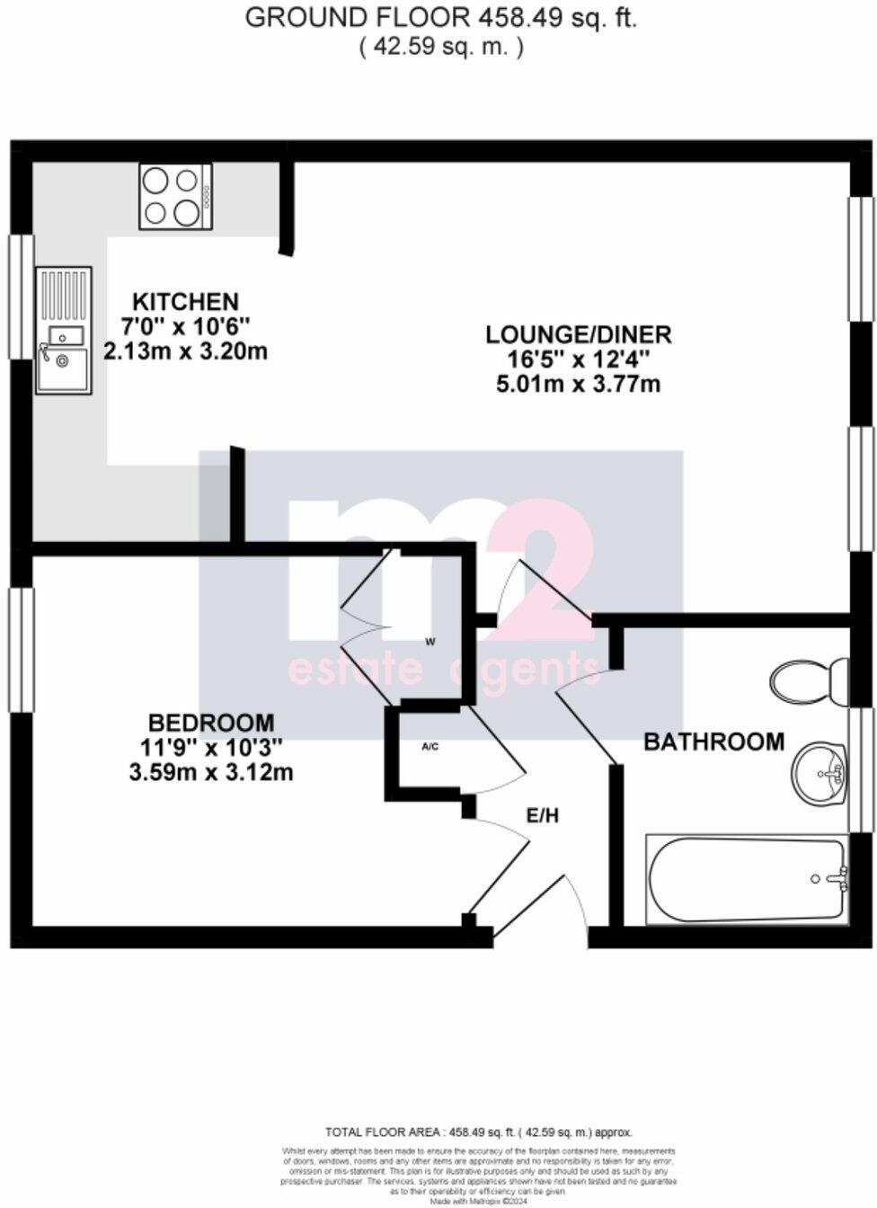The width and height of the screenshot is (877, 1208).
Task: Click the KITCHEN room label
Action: (185, 301)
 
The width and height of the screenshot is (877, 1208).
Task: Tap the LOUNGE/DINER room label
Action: (579, 335)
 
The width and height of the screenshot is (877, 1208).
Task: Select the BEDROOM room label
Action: (211, 722)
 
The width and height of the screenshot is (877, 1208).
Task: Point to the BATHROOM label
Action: (713, 742)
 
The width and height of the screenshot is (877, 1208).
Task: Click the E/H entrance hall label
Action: (542, 815)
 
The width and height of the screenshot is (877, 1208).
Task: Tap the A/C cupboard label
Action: (430, 746)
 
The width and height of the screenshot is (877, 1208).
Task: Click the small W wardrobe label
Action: (430, 642)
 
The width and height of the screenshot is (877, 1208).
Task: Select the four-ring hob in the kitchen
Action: (175, 197)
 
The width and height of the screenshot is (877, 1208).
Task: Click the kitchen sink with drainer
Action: (63, 330)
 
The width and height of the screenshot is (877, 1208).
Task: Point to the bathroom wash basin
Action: (819, 774)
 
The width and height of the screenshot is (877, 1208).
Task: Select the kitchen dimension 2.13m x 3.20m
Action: (185, 351)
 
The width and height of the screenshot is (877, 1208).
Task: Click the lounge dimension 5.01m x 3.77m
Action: (579, 385)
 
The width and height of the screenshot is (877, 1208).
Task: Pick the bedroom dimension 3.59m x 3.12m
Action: (211, 771)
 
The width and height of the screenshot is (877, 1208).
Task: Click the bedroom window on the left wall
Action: (20, 649)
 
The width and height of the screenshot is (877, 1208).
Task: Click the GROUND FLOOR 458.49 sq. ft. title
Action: (440, 18)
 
